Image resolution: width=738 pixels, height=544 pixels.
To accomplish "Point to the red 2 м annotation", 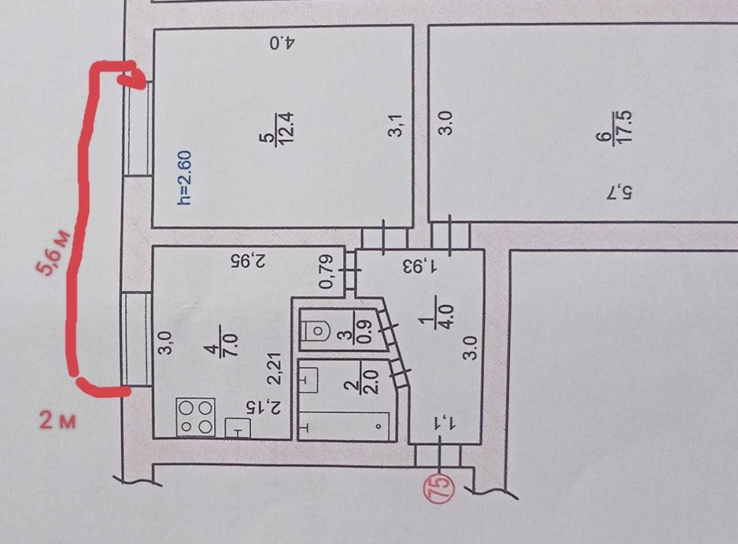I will [58, 421].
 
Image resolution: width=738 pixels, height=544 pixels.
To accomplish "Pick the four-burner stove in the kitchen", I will [196, 417].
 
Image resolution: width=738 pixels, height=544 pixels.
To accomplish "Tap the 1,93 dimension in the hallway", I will [418, 264].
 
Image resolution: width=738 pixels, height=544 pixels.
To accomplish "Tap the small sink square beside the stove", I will [238, 428].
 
